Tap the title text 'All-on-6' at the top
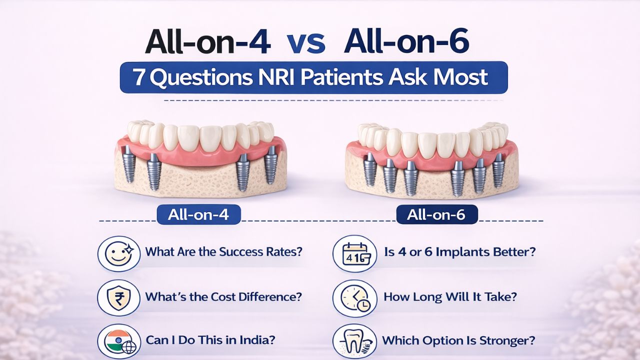[x=406, y=42]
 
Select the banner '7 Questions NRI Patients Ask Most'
[x=313, y=77]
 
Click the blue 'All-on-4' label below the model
[x=198, y=214]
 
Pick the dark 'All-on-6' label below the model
[x=436, y=215]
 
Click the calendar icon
[x=354, y=252]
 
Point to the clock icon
[x=354, y=297]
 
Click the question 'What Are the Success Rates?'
[x=224, y=251]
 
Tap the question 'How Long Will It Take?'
[x=450, y=296]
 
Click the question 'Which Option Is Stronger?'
[x=459, y=340]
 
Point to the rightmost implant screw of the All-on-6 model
[x=498, y=170]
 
